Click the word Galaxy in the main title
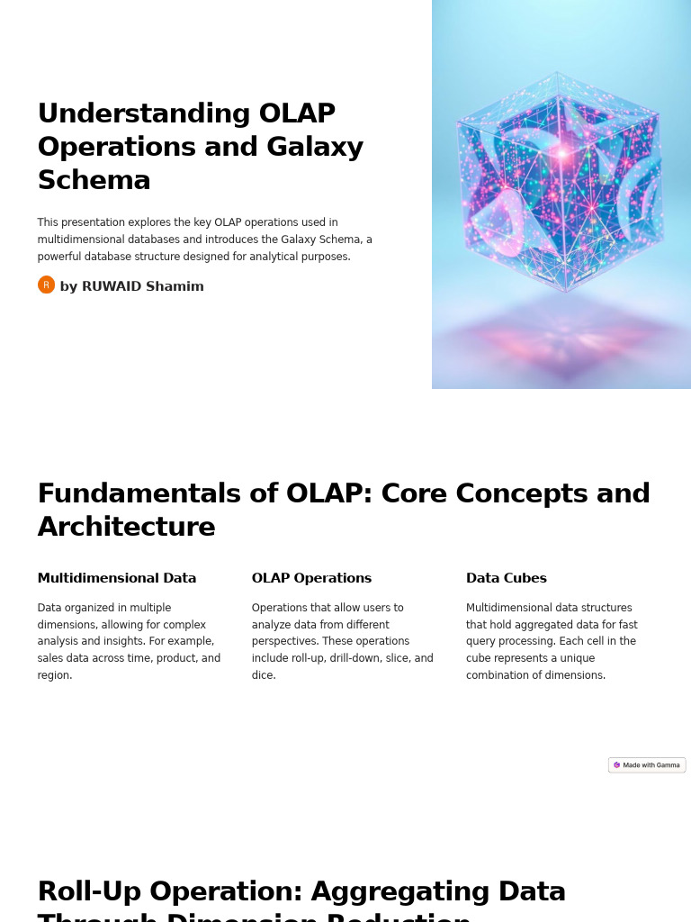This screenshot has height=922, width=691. pyautogui.click(x=314, y=147)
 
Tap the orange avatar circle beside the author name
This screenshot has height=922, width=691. pyautogui.click(x=46, y=285)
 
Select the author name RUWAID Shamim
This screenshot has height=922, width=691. pyautogui.click(x=142, y=286)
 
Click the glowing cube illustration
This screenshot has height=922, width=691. pyautogui.click(x=560, y=180)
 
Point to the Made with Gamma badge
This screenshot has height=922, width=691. pyautogui.click(x=647, y=764)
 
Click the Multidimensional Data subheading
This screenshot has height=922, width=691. pyautogui.click(x=117, y=578)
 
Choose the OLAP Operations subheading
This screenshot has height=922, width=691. pyautogui.click(x=311, y=578)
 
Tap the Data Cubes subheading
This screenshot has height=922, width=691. pyautogui.click(x=507, y=578)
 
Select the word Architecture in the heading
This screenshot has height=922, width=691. pyautogui.click(x=126, y=527)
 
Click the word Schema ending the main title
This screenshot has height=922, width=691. pyautogui.click(x=94, y=180)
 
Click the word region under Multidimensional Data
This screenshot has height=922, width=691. pyautogui.click(x=55, y=675)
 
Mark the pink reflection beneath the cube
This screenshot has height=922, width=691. pyautogui.click(x=561, y=340)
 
